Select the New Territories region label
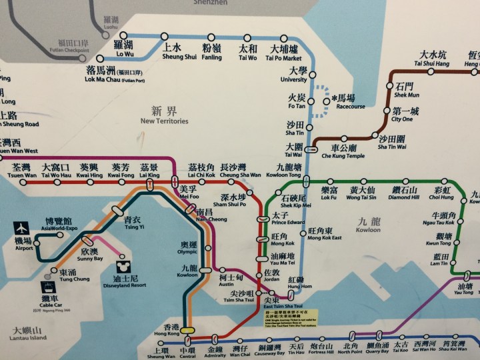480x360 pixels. (x=165, y=115)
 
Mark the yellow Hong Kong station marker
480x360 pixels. (x=188, y=329)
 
